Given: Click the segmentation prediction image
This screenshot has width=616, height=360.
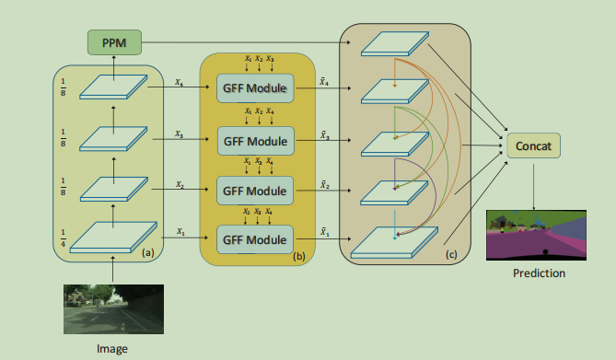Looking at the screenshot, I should pyautogui.click(x=535, y=236).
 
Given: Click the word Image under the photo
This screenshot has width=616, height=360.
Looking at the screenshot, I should pyautogui.click(x=111, y=348).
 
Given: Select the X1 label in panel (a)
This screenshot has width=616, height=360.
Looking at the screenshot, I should pyautogui.click(x=180, y=232).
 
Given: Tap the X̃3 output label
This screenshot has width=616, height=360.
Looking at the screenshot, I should pyautogui.click(x=325, y=134).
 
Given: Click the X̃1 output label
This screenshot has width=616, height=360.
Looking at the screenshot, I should pyautogui.click(x=325, y=231).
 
